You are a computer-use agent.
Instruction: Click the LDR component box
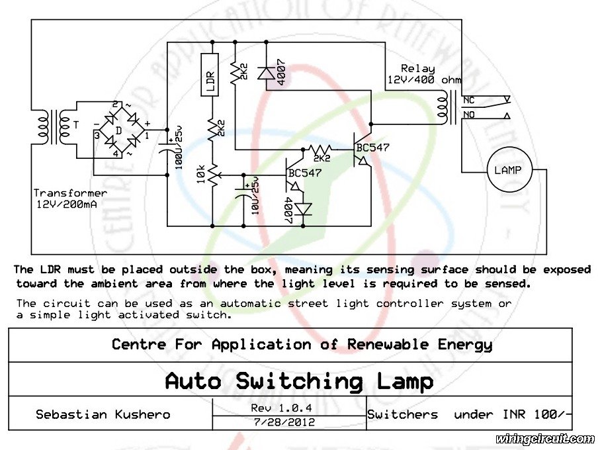coord(210,74)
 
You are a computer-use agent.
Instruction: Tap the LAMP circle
coord(509,170)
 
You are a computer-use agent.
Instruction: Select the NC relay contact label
coord(469,101)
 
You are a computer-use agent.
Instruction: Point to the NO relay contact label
coord(469,114)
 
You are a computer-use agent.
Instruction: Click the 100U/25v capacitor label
coord(179,148)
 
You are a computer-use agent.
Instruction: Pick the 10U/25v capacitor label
coord(255,195)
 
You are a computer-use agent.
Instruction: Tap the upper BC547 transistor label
coord(372,148)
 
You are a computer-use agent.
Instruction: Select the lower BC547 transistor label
coord(305,173)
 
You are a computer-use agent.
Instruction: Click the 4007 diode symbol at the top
coord(266,73)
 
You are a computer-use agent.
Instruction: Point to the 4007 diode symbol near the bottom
coord(303,210)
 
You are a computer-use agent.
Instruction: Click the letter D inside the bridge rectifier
coord(118,131)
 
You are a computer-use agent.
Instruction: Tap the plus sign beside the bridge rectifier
coord(148,123)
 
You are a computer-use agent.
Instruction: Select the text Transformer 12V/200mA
coord(71,199)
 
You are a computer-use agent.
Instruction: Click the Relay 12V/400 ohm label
coord(424,74)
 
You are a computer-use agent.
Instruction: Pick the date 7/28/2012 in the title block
coord(284,422)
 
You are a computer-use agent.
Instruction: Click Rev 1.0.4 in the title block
coord(281,408)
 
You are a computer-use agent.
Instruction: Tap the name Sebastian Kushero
coord(103,414)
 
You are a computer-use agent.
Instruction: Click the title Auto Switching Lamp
coord(300,381)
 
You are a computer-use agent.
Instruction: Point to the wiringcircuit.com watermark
coord(544,439)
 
